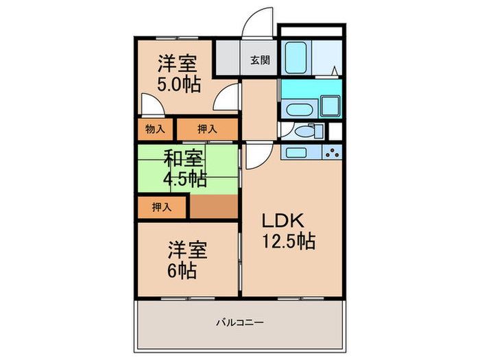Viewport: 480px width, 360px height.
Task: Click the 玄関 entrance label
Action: tap(259, 60)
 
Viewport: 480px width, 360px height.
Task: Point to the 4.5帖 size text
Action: tap(184, 179)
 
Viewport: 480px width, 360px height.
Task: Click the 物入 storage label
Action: tap(156, 129)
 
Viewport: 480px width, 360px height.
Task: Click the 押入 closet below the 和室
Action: tap(162, 206)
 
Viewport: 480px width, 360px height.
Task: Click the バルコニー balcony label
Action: tap(240, 321)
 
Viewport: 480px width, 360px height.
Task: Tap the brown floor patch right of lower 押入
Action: tap(213, 206)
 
